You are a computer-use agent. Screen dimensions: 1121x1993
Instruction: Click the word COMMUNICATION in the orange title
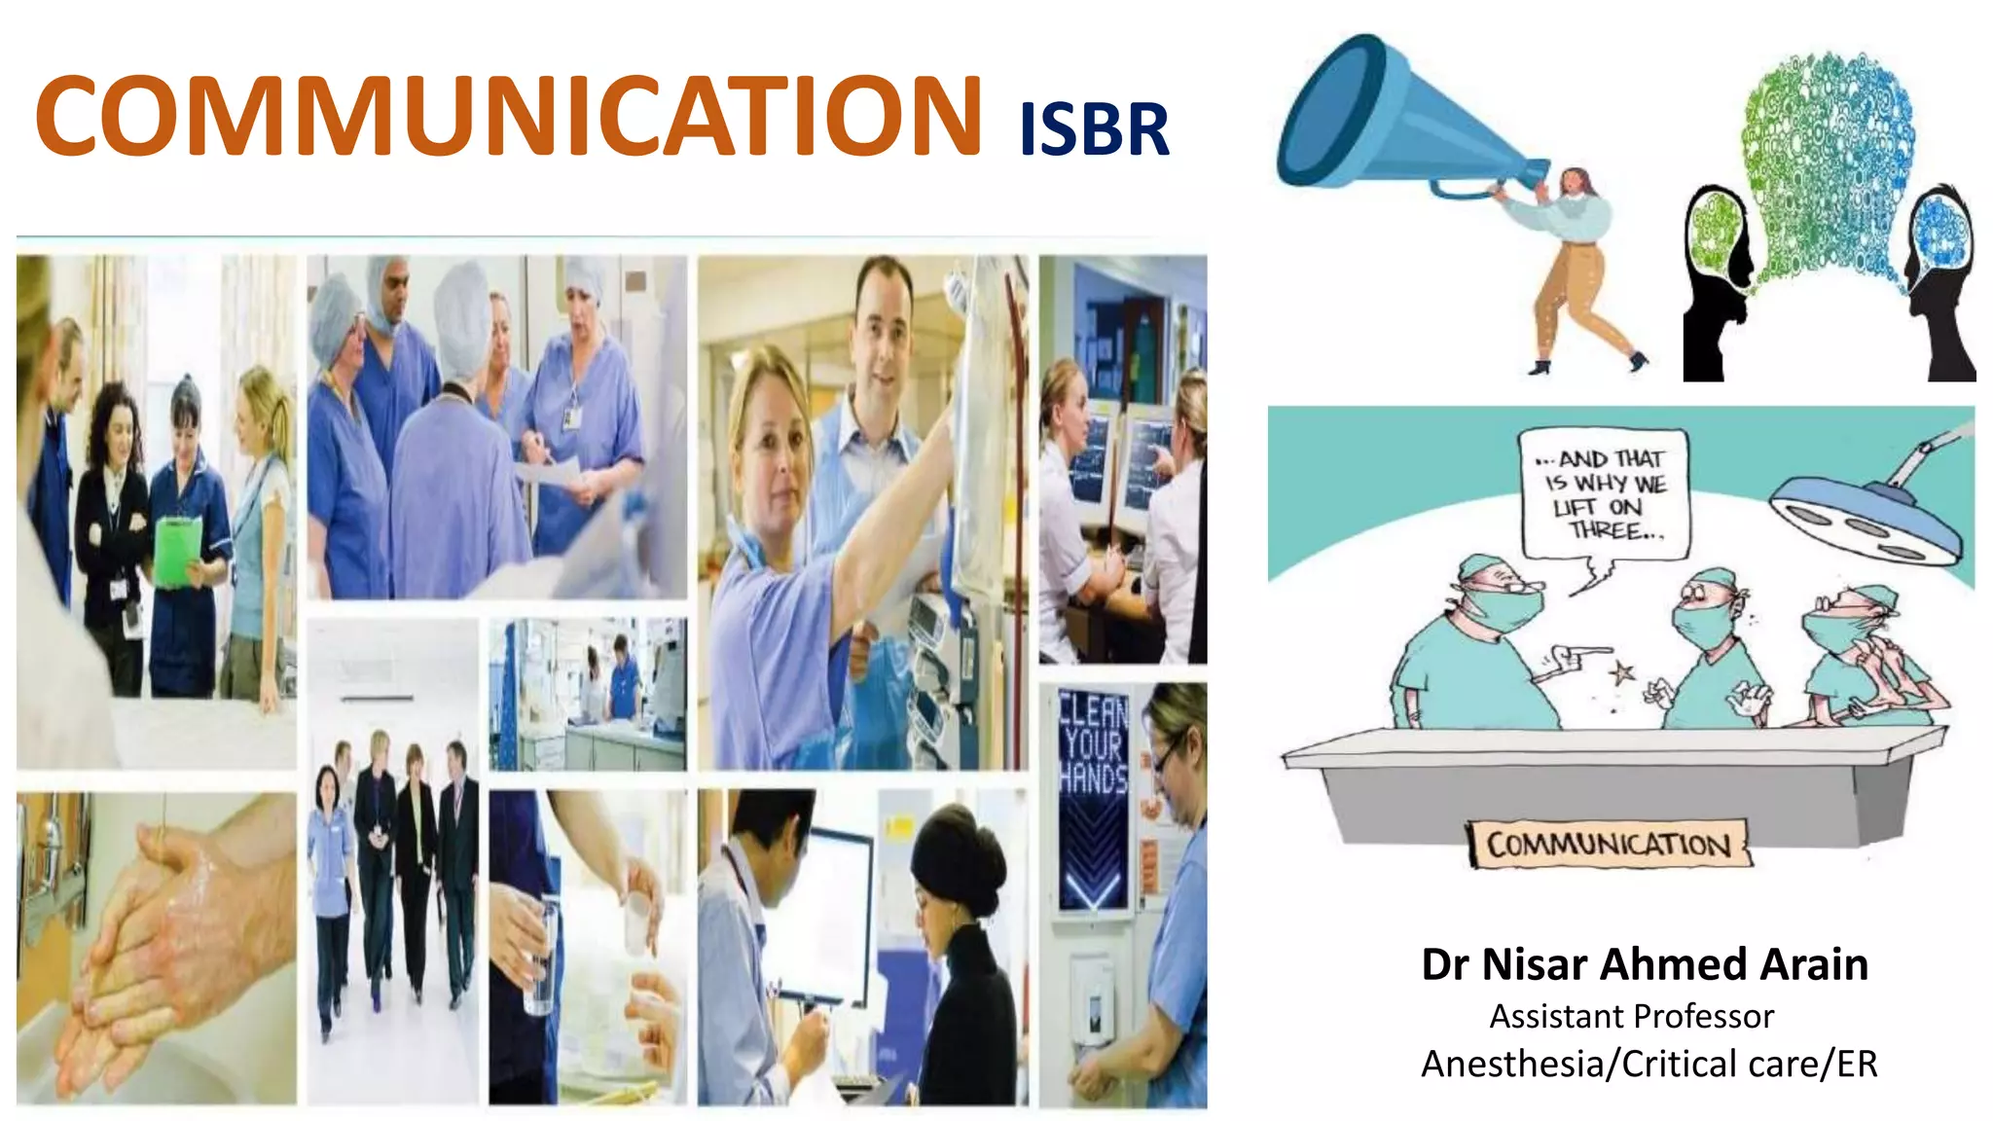(508, 117)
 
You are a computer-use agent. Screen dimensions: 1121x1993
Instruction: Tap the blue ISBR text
(1093, 130)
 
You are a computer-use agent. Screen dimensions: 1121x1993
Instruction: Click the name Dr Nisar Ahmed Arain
(1644, 964)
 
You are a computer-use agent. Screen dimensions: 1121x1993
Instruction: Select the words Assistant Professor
(1631, 1016)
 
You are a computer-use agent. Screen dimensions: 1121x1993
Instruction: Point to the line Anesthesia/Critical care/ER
(1649, 1064)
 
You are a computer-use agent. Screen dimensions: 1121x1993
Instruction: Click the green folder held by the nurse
(178, 551)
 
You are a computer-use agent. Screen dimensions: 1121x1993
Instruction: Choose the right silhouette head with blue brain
(1941, 272)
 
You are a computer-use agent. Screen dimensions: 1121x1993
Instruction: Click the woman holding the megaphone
(1576, 263)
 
